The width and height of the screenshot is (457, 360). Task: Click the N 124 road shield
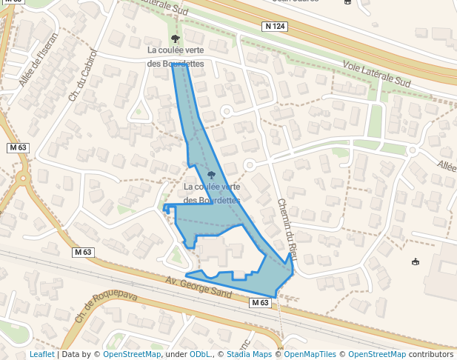[274, 27]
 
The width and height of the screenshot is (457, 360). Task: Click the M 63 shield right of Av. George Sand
[259, 303]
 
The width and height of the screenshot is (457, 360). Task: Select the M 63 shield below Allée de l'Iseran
[18, 147]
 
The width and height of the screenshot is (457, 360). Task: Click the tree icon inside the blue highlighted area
[211, 176]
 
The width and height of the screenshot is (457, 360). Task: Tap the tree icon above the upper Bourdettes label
[175, 38]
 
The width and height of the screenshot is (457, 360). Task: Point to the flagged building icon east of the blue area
[415, 261]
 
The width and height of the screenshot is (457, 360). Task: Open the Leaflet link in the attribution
[42, 354]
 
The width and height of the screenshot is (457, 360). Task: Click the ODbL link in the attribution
[200, 354]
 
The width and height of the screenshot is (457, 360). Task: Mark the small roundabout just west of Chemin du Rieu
[250, 164]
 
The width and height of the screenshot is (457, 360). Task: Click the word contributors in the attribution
[431, 354]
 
